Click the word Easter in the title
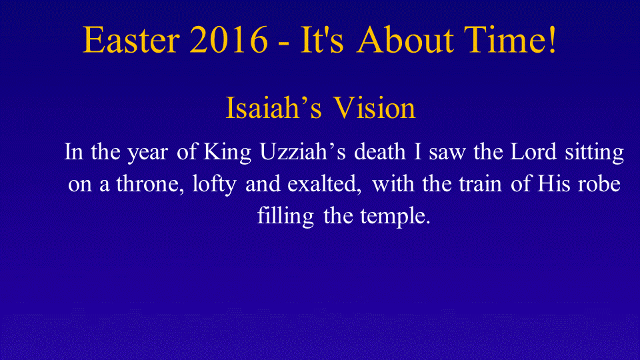pyautogui.click(x=131, y=39)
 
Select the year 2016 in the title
pyautogui.click(x=229, y=39)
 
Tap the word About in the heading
pyautogui.click(x=405, y=39)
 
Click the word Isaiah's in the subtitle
pyautogui.click(x=273, y=108)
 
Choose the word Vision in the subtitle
pyautogui.click(x=374, y=108)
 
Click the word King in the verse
pyautogui.click(x=227, y=152)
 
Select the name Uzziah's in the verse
pyautogui.click(x=303, y=151)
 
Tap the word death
pyautogui.click(x=379, y=151)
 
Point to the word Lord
pyautogui.click(x=533, y=151)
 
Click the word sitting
pyautogui.click(x=594, y=152)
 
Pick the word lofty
pyautogui.click(x=214, y=184)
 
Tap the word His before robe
pyautogui.click(x=553, y=183)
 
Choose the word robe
pyautogui.click(x=599, y=183)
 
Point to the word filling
pyautogui.click(x=286, y=216)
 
